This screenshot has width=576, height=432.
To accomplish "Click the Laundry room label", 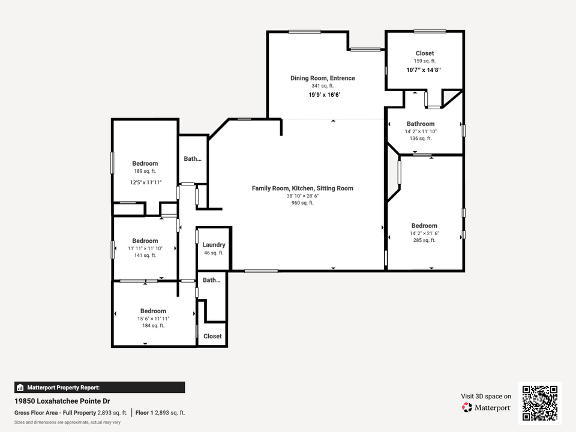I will (x=214, y=245).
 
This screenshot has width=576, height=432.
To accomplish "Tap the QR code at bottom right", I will (x=539, y=403).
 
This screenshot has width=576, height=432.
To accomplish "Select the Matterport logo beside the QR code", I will (x=487, y=407).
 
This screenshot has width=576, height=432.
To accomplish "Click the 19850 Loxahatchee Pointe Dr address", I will (x=62, y=401).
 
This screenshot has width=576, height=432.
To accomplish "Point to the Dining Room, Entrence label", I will (x=323, y=78).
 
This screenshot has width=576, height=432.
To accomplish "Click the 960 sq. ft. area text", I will (x=302, y=203).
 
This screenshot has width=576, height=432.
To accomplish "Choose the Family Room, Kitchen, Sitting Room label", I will (x=302, y=188).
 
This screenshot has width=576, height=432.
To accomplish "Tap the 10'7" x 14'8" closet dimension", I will (x=424, y=70).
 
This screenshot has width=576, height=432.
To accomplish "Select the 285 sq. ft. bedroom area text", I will (x=424, y=240).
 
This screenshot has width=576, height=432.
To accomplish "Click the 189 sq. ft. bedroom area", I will (x=145, y=171).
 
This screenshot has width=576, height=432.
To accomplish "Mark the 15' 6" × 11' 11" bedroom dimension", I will (x=153, y=319).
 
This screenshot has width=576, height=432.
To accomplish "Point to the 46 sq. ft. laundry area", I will (x=214, y=253).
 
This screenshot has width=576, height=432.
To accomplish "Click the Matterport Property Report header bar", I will (x=100, y=388).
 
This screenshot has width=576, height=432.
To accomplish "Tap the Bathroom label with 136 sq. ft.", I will (x=420, y=124).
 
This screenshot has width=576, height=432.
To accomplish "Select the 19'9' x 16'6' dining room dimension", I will (x=328, y=95).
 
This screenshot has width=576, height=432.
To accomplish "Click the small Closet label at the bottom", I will (x=212, y=337).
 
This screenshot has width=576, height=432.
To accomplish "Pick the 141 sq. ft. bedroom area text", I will (x=145, y=255).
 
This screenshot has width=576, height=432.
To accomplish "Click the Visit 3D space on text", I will (x=486, y=396).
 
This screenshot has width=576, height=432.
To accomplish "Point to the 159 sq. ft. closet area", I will (x=424, y=61).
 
